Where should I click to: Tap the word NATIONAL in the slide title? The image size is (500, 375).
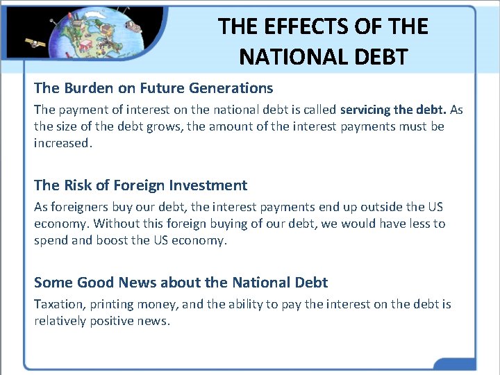285,56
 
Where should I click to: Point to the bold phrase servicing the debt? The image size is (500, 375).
393,110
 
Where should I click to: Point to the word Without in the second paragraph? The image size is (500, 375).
116,224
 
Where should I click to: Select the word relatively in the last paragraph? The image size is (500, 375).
60,321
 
